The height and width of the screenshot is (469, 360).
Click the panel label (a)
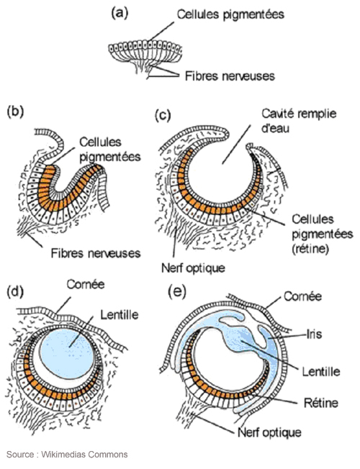click(x=120, y=14)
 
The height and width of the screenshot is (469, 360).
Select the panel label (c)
click(x=163, y=116)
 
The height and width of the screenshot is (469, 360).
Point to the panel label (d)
click(x=15, y=292)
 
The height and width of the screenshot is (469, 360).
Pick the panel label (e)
click(x=177, y=292)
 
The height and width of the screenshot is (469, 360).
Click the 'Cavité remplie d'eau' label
click(x=299, y=121)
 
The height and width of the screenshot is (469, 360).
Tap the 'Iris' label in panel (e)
click(x=314, y=334)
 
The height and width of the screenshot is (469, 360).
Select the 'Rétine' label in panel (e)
click(x=321, y=403)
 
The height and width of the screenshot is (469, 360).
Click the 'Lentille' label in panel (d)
click(x=120, y=314)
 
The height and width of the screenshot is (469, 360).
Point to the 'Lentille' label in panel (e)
click(x=321, y=371)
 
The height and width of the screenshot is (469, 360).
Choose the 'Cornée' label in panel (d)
click(x=86, y=284)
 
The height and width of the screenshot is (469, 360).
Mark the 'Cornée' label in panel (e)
click(x=303, y=296)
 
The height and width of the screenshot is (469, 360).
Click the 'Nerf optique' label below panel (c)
click(x=193, y=268)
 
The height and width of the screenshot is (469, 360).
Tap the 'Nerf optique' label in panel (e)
click(x=269, y=432)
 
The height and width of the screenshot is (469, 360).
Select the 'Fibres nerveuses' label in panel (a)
click(x=230, y=76)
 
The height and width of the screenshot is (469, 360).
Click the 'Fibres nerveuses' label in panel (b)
click(x=96, y=254)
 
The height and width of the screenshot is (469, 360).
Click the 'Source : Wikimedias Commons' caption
click(x=67, y=455)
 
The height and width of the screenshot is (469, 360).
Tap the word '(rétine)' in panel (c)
click(x=310, y=249)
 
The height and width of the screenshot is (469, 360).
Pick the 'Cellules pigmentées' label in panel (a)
click(x=230, y=14)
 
